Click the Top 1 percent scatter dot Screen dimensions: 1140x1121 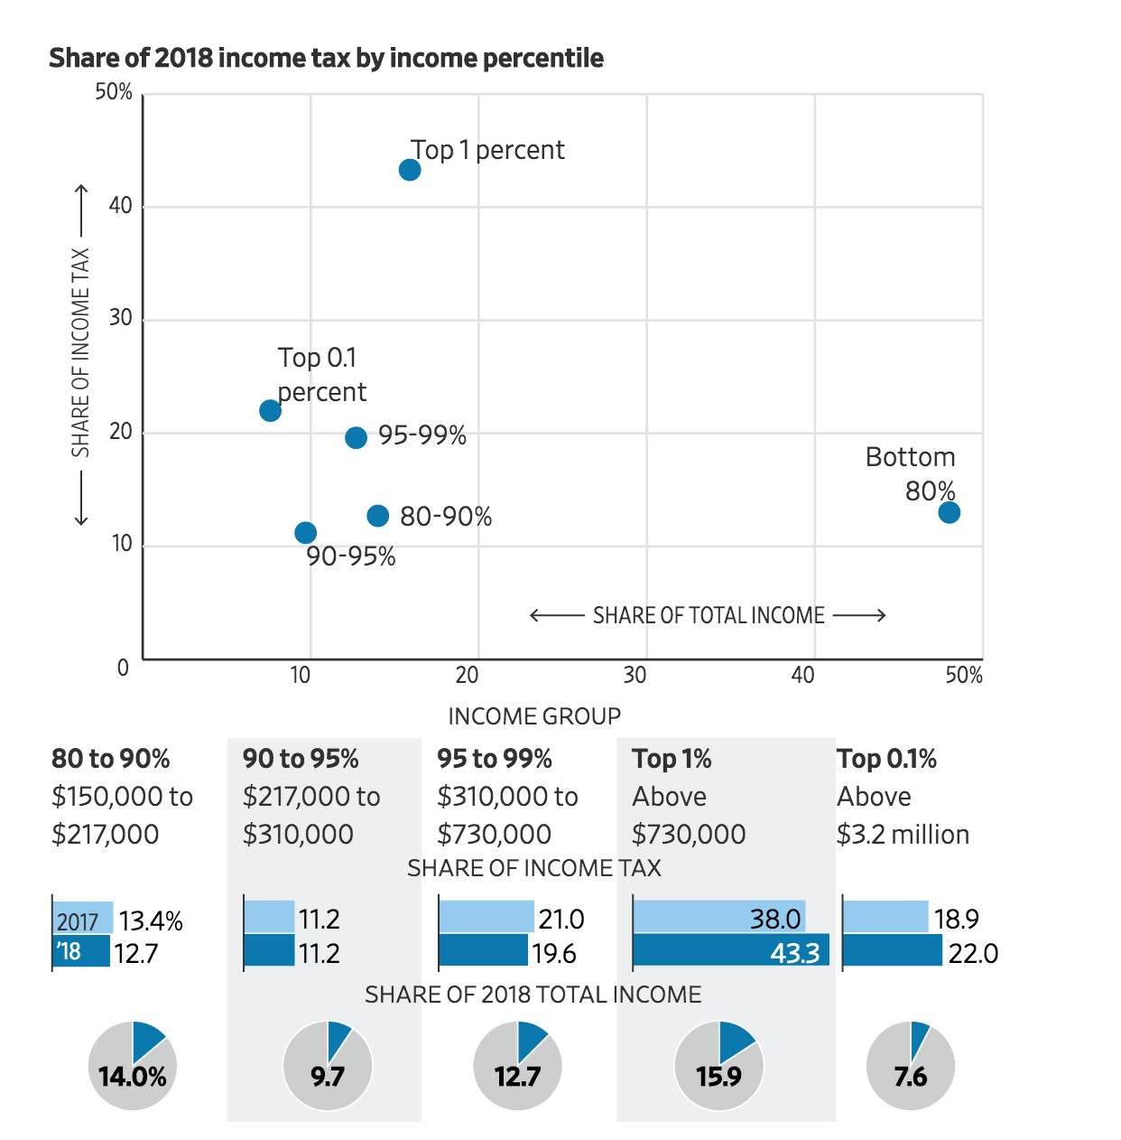(x=410, y=170)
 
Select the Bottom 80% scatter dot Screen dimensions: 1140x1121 (x=949, y=512)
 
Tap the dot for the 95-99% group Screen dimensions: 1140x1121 (x=357, y=437)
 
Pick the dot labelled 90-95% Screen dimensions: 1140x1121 (x=306, y=533)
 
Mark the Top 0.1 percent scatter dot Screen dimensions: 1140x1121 (x=270, y=411)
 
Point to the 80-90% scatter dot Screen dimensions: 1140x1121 (x=378, y=516)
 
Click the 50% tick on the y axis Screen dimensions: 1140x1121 (x=114, y=92)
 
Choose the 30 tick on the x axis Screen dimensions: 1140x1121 (x=635, y=676)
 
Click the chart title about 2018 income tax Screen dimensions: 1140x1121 (x=326, y=58)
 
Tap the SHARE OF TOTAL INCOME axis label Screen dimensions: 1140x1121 (x=709, y=616)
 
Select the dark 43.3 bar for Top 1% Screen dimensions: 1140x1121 (x=730, y=951)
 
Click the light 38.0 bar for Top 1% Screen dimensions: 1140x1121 (x=718, y=918)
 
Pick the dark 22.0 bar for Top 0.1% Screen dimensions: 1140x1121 (x=892, y=951)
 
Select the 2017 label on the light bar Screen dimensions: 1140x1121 (x=77, y=921)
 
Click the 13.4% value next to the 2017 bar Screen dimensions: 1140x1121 (x=151, y=921)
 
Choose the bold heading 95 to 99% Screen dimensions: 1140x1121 (x=495, y=759)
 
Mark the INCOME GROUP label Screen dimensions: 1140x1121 (x=534, y=716)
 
